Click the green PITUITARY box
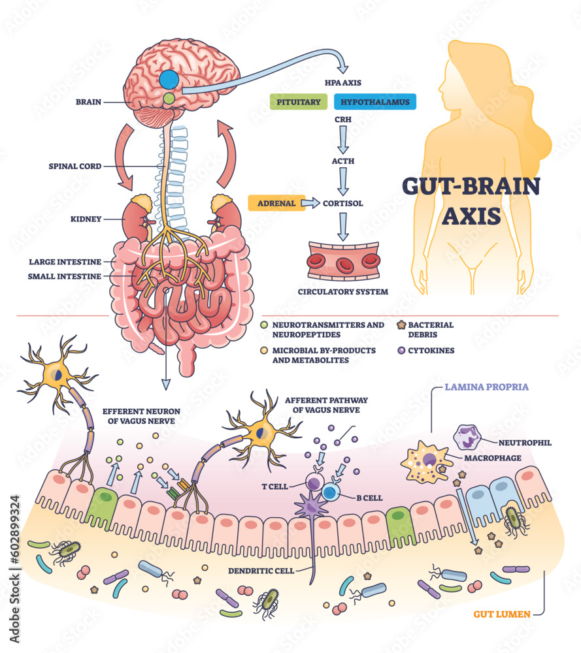297,102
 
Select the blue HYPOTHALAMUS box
374,102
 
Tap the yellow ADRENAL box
275,203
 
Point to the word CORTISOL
343,203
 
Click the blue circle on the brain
169,80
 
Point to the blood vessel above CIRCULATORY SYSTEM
343,261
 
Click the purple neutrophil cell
469,438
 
